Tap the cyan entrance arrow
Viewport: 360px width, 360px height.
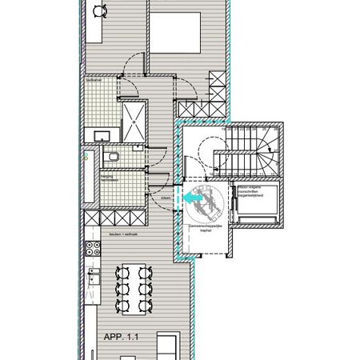click(x=192, y=196)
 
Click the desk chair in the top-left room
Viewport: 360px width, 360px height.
click(x=99, y=11)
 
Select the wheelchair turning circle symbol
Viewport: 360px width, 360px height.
click(x=208, y=202)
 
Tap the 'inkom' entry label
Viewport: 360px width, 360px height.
click(x=166, y=198)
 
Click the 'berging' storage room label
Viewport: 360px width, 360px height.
click(x=106, y=178)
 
